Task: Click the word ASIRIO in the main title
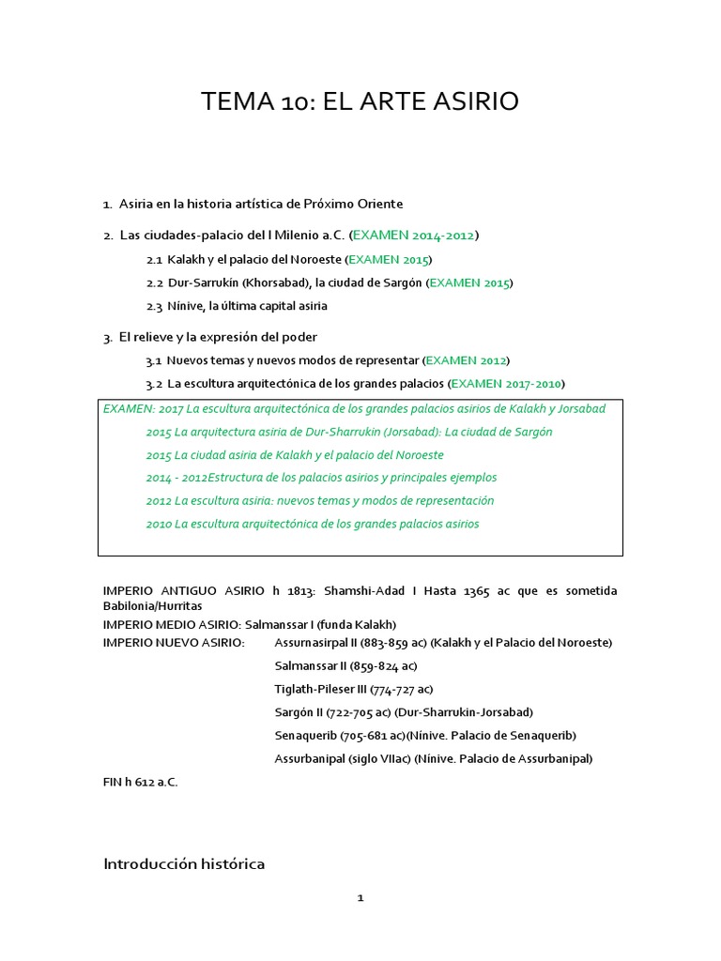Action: [471, 102]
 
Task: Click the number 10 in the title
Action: [294, 102]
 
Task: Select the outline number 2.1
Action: [155, 259]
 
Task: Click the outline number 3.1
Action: [154, 360]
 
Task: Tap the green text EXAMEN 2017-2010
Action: [507, 384]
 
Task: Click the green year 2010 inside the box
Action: [159, 525]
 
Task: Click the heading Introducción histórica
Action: [184, 863]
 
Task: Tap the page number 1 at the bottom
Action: [360, 898]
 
